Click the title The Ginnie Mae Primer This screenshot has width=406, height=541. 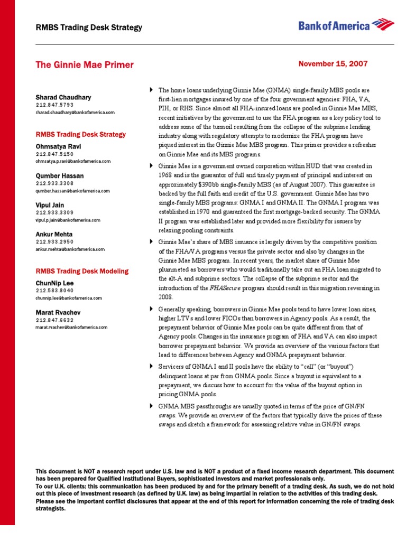coord(85,65)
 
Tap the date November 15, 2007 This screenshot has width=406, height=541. coord(333,63)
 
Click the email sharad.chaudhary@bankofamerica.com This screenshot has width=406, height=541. coord(75,113)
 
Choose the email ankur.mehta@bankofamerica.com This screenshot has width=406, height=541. coord(70,249)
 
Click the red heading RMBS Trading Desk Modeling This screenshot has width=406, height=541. coord(82,271)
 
